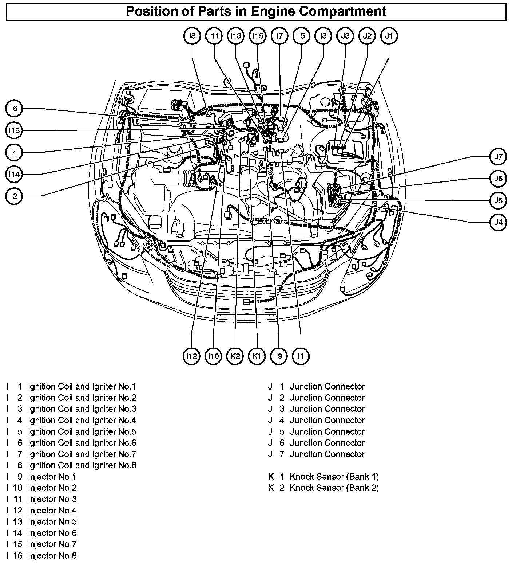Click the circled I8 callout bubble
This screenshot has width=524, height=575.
pyautogui.click(x=192, y=36)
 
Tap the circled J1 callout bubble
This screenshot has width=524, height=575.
pyautogui.click(x=389, y=36)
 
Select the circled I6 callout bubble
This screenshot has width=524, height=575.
pyautogui.click(x=14, y=109)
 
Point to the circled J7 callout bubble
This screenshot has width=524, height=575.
pyautogui.click(x=498, y=157)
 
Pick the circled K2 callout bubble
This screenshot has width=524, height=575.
pyautogui.click(x=235, y=356)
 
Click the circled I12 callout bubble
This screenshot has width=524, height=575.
pyautogui.click(x=191, y=356)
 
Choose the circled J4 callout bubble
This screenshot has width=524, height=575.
pyautogui.click(x=498, y=222)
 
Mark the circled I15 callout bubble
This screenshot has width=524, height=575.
pyautogui.click(x=258, y=36)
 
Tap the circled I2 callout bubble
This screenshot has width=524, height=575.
pyautogui.click(x=14, y=196)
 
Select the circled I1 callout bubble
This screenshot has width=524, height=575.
pyautogui.click(x=301, y=356)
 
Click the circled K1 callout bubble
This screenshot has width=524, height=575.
pyautogui.click(x=257, y=356)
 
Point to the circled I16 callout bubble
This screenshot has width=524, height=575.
pyautogui.click(x=14, y=130)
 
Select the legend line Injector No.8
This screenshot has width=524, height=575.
pyautogui.click(x=52, y=555)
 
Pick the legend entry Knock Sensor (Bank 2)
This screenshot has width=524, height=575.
pyautogui.click(x=334, y=488)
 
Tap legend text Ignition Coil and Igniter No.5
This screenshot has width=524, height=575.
pyautogui.click(x=82, y=431)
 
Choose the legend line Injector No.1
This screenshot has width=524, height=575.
pyautogui.click(x=52, y=476)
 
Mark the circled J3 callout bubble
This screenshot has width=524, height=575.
pyautogui.click(x=345, y=36)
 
